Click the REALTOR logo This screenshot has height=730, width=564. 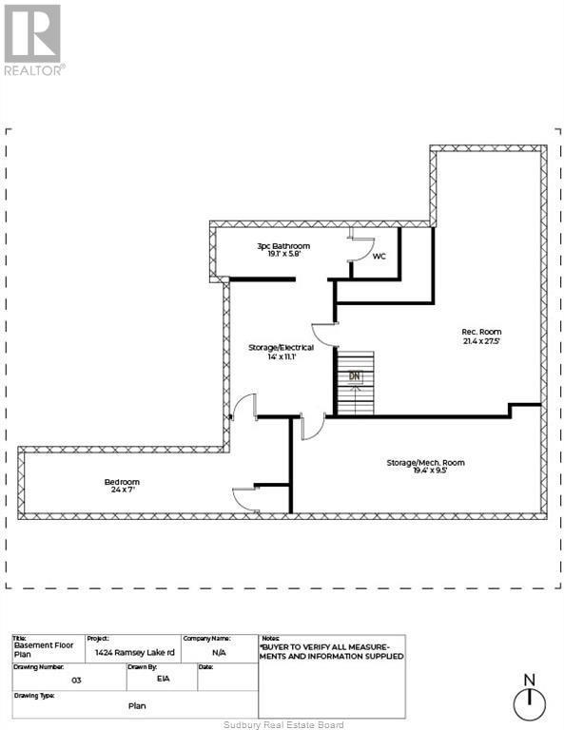pos(33,40)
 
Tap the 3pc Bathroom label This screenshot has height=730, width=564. pos(283,246)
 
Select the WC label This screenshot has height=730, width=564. pos(379,256)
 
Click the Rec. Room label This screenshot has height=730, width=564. pos(482,332)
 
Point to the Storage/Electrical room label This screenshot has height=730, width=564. pos(282,347)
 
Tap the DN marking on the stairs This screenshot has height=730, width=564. pos(355,376)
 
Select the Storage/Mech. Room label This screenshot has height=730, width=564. pos(425,462)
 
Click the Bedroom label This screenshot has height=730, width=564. pos(122,482)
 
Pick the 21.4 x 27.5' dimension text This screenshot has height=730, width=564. pos(481,340)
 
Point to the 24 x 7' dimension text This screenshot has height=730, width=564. pos(122,491)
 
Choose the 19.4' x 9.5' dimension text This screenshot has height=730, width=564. pos(425,471)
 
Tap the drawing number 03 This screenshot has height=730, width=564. pos(75,681)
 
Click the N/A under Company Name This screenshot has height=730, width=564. pos(220,654)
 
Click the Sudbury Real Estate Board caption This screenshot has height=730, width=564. pos(281,724)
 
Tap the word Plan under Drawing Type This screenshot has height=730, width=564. pos(137,706)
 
